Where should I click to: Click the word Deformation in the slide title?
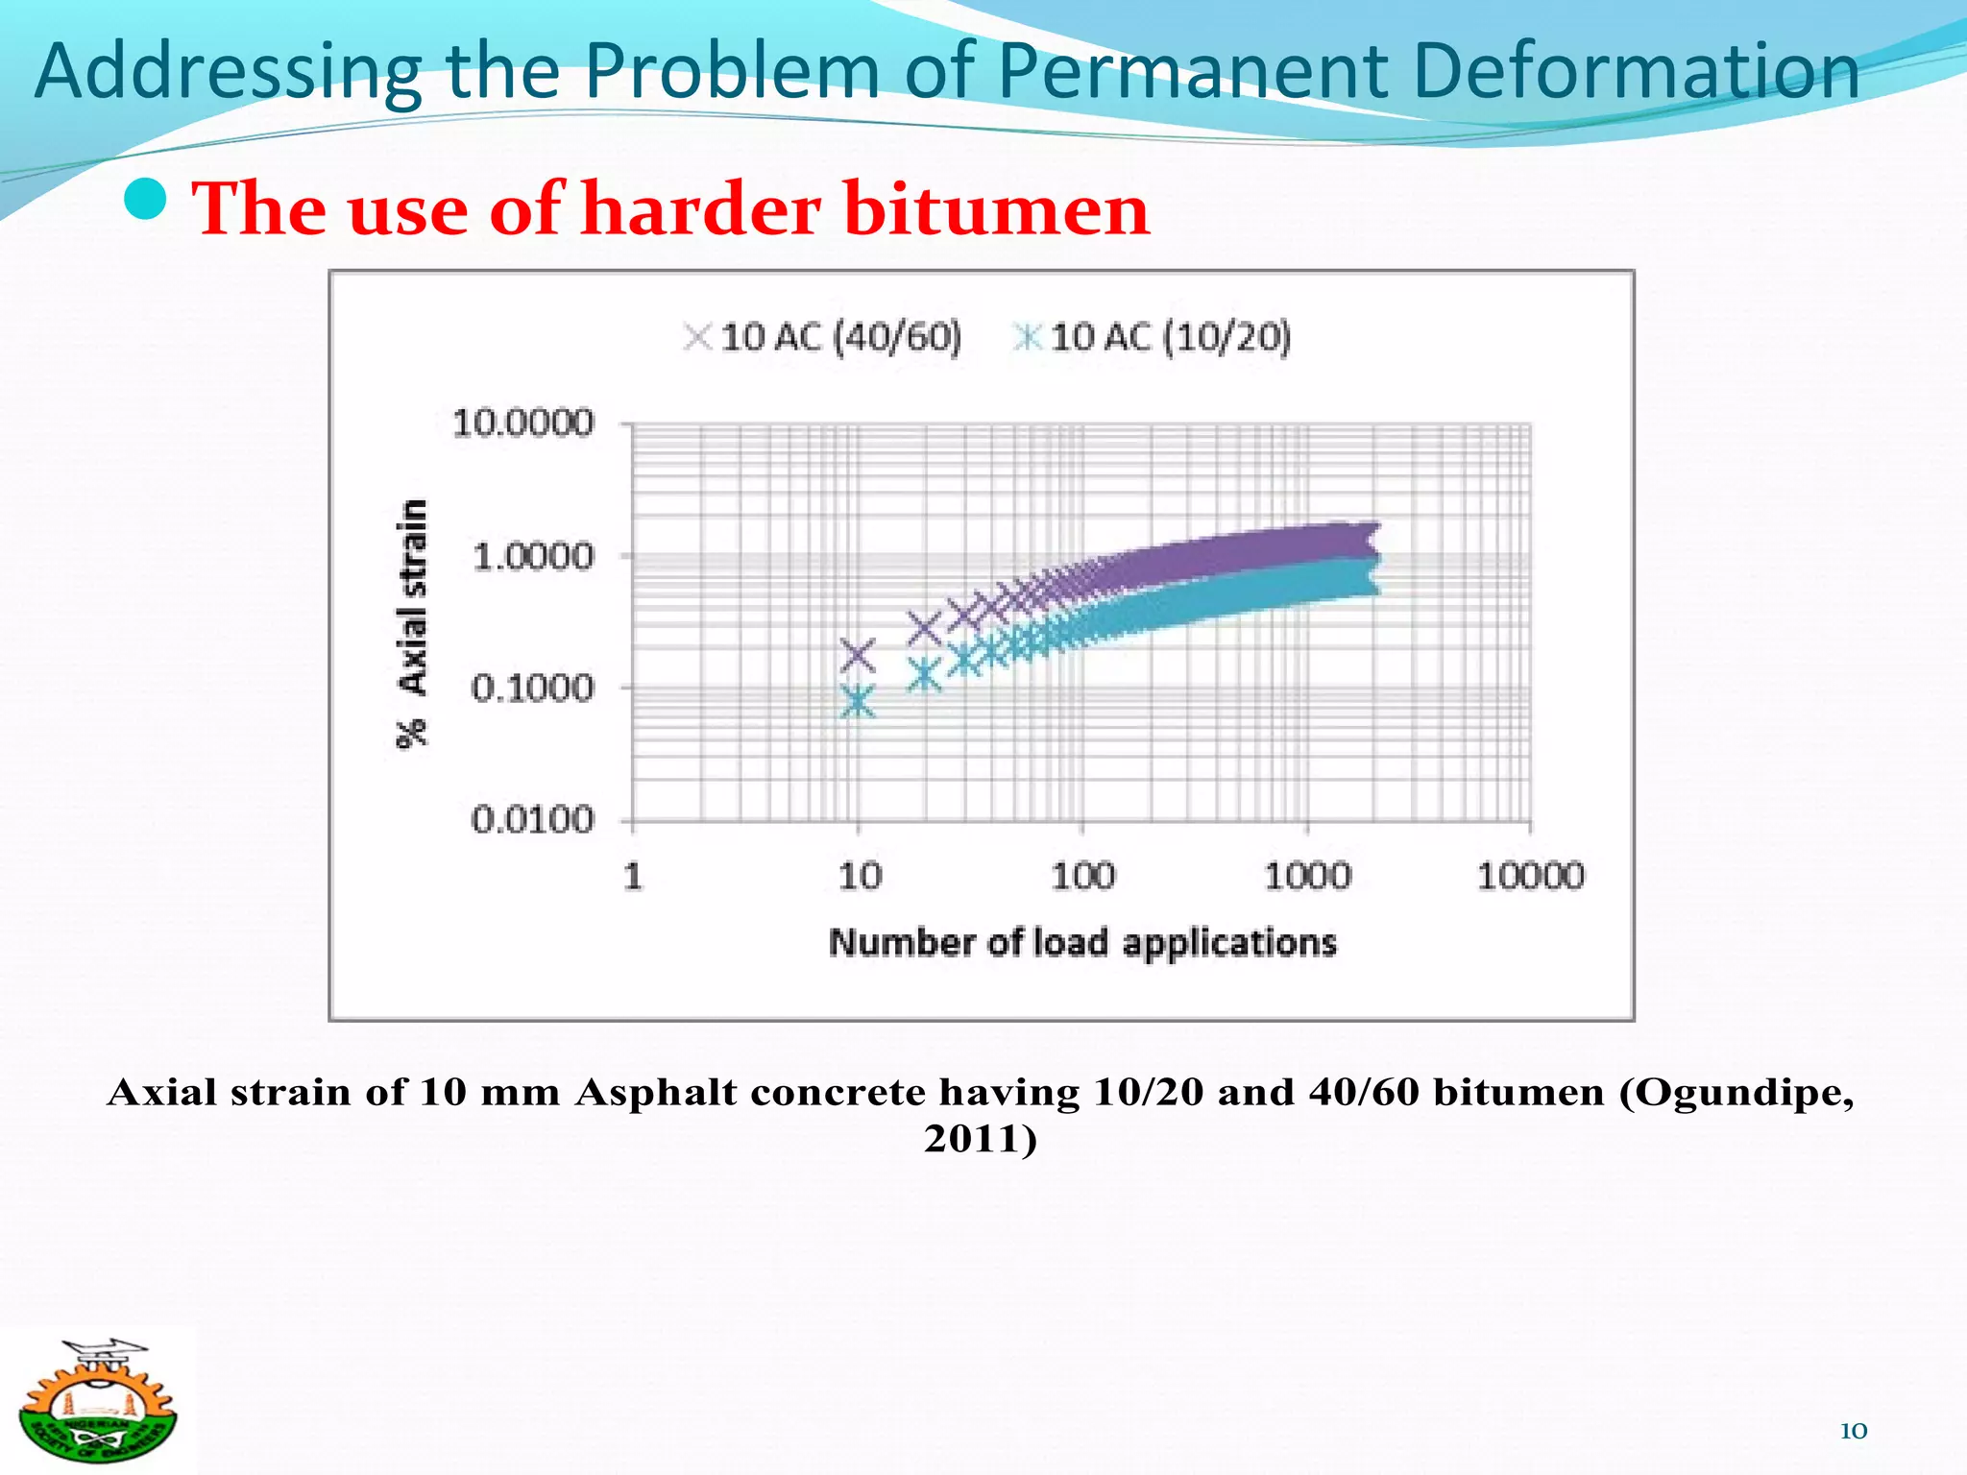click(x=1636, y=71)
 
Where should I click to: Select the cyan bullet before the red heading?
click(x=146, y=199)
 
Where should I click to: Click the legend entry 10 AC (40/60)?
click(x=823, y=337)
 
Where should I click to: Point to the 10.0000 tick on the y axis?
click(x=523, y=423)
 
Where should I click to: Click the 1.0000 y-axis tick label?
click(x=534, y=556)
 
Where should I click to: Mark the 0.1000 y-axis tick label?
click(x=533, y=688)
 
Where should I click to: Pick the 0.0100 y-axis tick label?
click(x=533, y=820)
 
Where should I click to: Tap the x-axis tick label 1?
click(x=633, y=876)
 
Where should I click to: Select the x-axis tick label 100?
click(x=1083, y=876)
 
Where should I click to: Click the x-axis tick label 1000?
click(x=1307, y=876)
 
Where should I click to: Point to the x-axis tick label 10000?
click(x=1531, y=876)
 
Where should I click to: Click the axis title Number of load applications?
click(x=1082, y=943)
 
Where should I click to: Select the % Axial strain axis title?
click(x=412, y=624)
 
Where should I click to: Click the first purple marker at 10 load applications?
click(x=858, y=656)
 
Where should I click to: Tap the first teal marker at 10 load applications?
click(x=858, y=701)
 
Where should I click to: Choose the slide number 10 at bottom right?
click(x=1853, y=1431)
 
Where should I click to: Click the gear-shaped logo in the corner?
click(x=97, y=1401)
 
